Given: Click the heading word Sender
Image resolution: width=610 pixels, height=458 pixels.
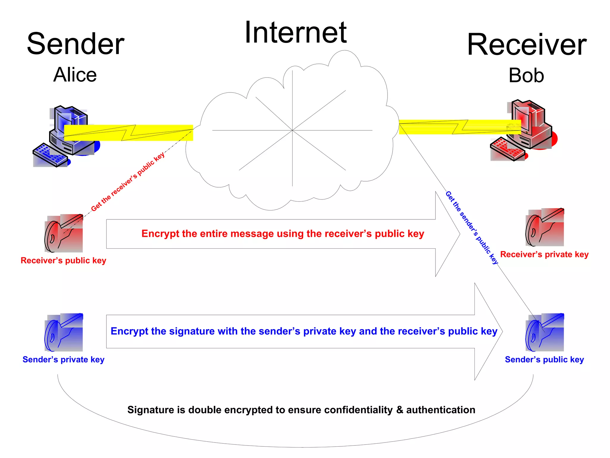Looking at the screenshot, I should pyautogui.click(x=76, y=44).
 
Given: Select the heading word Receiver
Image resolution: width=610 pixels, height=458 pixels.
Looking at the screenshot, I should pyautogui.click(x=527, y=45).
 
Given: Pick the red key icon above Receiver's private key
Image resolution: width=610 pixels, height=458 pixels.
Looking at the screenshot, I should pyautogui.click(x=545, y=227).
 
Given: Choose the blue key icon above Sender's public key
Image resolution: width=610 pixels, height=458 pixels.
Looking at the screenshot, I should pyautogui.click(x=545, y=332).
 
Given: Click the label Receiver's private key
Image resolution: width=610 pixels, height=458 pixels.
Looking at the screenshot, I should pyautogui.click(x=544, y=254).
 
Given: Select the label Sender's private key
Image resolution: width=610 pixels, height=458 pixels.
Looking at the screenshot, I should pyautogui.click(x=63, y=360).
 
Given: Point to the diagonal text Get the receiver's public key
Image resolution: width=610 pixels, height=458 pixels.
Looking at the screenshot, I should pyautogui.click(x=128, y=182).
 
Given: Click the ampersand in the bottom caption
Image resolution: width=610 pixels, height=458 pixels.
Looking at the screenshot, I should pyautogui.click(x=399, y=410).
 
